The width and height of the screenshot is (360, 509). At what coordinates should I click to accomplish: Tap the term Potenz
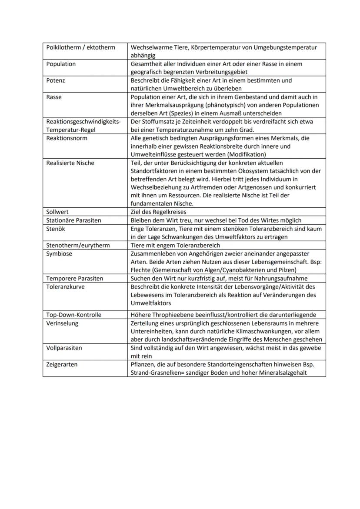coord(56,80)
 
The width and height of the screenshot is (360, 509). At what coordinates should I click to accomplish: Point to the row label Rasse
coord(54,97)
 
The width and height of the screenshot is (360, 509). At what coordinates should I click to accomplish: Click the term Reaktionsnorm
coord(67,138)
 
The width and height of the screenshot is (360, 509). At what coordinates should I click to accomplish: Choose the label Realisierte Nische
coord(70,163)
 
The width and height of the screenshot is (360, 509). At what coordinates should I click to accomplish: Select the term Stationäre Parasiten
coord(73,220)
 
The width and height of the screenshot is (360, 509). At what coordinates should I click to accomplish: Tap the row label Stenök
coord(56,229)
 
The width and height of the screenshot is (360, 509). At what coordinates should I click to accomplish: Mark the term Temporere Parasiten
coord(74,278)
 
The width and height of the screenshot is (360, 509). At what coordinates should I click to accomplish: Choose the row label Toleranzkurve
coord(65,286)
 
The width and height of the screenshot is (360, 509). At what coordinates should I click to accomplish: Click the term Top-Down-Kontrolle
coord(73,315)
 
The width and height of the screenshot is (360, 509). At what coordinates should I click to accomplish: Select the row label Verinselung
coord(62,323)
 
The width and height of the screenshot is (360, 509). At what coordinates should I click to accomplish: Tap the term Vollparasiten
coord(64,348)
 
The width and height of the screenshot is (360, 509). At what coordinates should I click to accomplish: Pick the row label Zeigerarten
coord(62,364)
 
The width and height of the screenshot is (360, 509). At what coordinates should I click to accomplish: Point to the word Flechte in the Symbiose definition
coord(140,270)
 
